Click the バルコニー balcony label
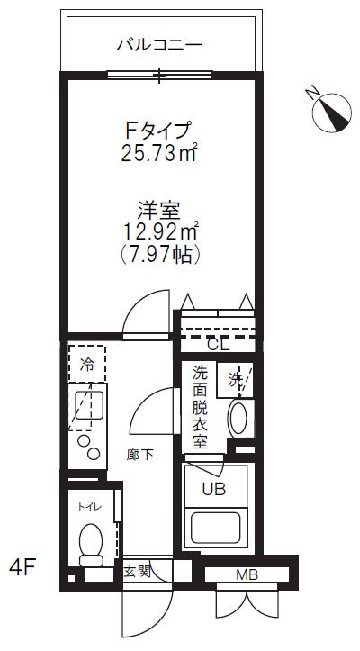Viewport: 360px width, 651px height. [x=159, y=43]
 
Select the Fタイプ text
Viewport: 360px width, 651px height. [x=160, y=131]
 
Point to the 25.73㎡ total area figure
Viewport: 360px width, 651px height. [x=160, y=153]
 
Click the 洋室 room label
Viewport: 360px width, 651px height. [x=160, y=213]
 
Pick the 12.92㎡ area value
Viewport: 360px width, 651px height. [x=160, y=234]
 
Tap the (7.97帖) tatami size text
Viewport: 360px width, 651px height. [x=160, y=256]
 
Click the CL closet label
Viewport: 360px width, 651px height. [x=219, y=343]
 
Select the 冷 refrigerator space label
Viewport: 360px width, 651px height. [x=87, y=365]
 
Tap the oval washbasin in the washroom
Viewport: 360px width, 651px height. [x=238, y=419]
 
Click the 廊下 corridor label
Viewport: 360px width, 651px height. [x=141, y=454]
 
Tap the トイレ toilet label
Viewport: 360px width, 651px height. [x=90, y=507]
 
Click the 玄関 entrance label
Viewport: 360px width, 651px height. [x=137, y=571]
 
